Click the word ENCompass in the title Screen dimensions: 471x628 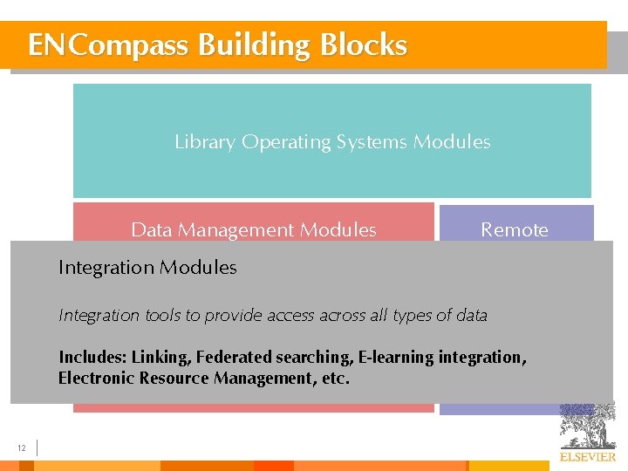pos(107,45)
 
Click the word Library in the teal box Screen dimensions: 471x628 pos(205,142)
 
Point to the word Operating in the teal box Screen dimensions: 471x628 pos(284,142)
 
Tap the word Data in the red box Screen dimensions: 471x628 pos(150,230)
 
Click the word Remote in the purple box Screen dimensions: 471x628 pos(515,230)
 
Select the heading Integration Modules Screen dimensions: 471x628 pos(147,268)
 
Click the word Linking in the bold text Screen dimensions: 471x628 pos(160,357)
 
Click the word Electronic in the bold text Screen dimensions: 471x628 pos(97,379)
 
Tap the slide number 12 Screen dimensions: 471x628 pos(22,448)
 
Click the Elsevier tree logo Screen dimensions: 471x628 pos(587,425)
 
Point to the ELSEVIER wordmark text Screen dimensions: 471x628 pos(587,457)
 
